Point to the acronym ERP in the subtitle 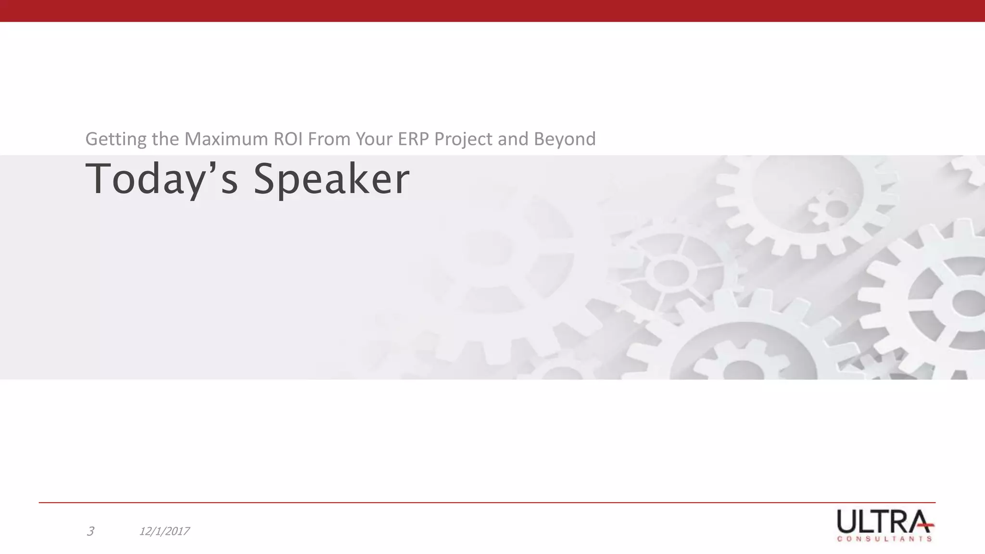click(414, 139)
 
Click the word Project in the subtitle click(463, 139)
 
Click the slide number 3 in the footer click(90, 531)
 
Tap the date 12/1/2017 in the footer click(164, 531)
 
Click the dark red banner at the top click(492, 11)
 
